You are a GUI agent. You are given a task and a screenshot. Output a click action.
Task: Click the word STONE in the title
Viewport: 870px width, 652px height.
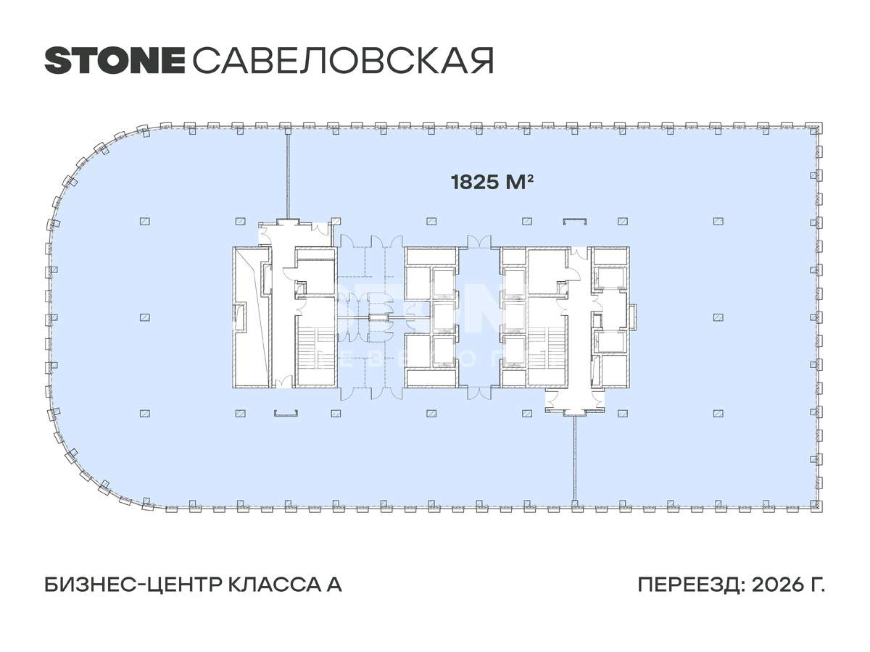coord(115,60)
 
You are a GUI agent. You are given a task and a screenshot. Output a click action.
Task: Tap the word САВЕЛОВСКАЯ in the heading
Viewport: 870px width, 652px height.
coord(343,60)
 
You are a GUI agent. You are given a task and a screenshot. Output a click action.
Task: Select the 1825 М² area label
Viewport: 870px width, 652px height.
coord(492,182)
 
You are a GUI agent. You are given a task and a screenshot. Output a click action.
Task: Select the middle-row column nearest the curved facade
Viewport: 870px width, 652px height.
coord(145,317)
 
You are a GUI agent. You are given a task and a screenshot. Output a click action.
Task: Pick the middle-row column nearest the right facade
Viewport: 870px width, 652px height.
coord(718,317)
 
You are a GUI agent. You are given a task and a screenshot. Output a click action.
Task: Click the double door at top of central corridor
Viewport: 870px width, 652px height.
coord(478,241)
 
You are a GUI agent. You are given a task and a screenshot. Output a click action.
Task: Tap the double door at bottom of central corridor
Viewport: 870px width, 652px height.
coord(478,393)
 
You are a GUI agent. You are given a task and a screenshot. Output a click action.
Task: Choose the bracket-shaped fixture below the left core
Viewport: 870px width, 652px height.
coord(286,414)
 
